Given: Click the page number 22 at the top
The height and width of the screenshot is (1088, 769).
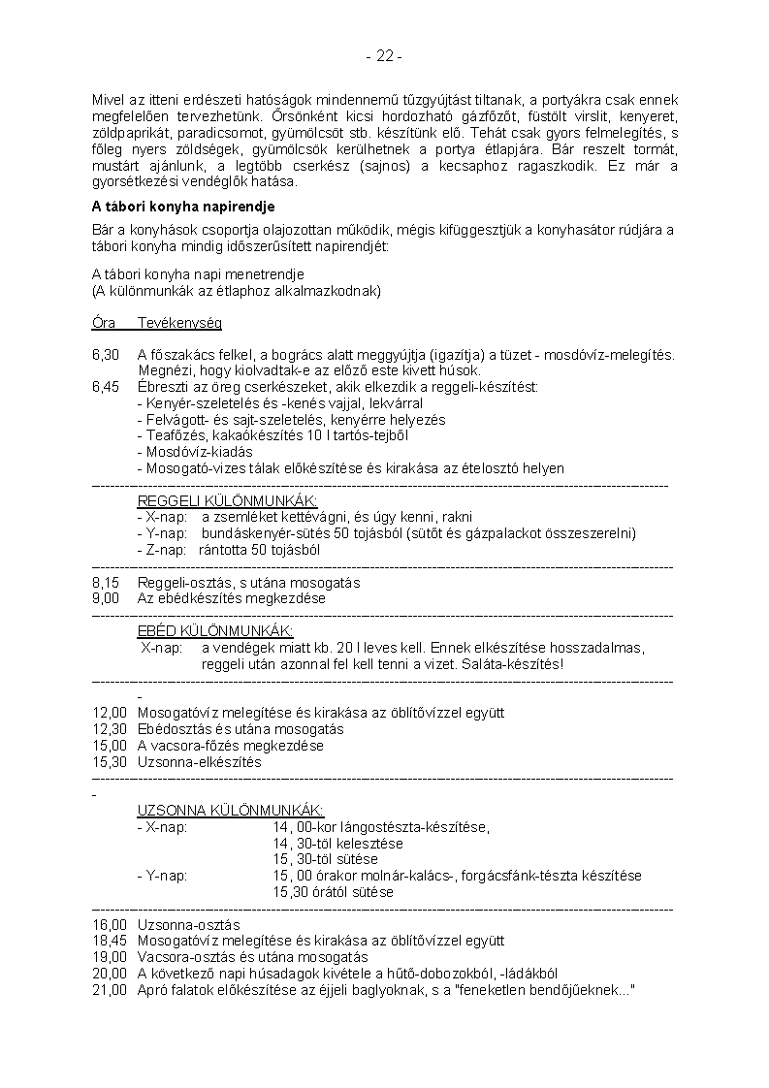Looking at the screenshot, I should [x=384, y=56].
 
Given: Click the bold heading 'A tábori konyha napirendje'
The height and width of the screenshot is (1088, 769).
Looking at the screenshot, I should [x=183, y=207].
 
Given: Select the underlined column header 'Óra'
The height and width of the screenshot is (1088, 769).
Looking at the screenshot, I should [x=104, y=322].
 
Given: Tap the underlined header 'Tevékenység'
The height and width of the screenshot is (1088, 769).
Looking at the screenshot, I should [x=179, y=322].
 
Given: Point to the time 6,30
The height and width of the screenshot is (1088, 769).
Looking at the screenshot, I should [x=106, y=355].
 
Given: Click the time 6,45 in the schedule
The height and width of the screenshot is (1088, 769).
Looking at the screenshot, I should [x=106, y=387].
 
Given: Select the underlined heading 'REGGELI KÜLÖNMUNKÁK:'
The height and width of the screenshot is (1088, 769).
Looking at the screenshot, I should [x=228, y=500].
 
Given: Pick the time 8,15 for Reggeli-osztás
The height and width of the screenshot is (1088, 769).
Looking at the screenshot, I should [x=106, y=583].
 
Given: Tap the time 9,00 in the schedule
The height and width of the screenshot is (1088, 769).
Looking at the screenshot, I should [x=106, y=598].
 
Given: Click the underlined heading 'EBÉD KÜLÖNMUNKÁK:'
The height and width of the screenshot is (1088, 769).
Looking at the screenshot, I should [x=215, y=631].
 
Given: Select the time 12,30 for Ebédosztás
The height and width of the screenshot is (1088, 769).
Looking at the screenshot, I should [x=110, y=729].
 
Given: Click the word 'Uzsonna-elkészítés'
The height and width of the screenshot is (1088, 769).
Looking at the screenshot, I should [x=200, y=762].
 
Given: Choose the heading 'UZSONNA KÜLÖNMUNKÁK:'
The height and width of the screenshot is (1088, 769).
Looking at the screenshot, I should [x=231, y=811].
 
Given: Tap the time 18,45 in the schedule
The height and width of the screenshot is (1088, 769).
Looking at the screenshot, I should [x=110, y=941].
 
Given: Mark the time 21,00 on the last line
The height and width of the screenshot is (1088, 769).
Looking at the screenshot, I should [x=110, y=990].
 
